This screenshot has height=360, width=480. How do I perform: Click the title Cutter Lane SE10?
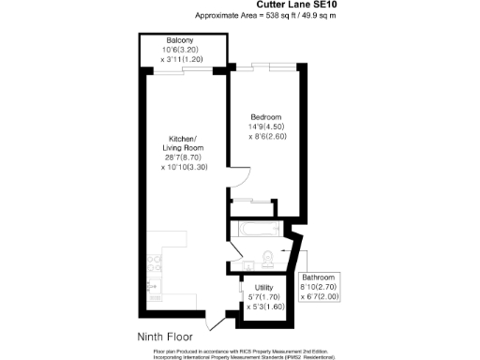coord(253,6)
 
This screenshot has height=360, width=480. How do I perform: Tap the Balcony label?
coord(180,41)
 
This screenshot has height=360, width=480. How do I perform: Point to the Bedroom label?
coord(266,116)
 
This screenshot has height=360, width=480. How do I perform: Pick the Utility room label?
coord(263,288)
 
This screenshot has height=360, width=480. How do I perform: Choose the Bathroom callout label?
coord(320,278)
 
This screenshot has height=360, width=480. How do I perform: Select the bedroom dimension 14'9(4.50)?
coord(266,127)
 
